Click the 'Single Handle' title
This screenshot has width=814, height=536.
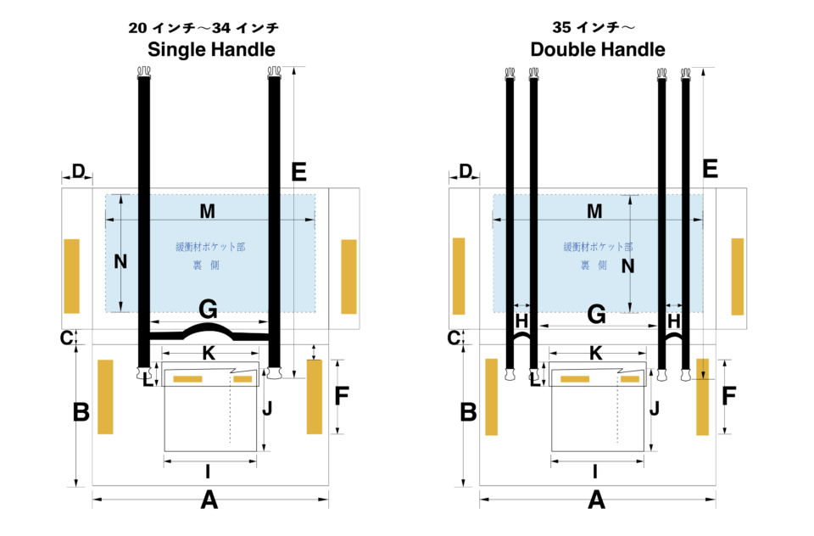(x=211, y=49)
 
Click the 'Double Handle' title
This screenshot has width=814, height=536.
(x=598, y=49)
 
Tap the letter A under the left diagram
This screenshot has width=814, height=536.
(x=209, y=501)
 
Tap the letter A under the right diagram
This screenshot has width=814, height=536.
(x=597, y=501)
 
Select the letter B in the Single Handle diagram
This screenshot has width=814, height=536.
(x=81, y=413)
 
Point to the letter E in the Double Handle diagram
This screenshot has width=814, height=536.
(x=711, y=169)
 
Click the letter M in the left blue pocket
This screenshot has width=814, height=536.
(x=208, y=210)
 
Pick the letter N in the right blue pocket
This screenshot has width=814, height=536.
(x=628, y=267)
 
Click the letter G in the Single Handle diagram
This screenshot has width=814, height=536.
(x=208, y=309)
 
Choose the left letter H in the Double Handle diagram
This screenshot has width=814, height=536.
(x=522, y=321)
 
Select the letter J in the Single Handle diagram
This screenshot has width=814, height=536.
(x=267, y=408)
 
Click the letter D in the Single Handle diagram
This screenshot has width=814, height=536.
(x=78, y=172)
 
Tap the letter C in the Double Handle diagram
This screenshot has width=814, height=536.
(x=454, y=337)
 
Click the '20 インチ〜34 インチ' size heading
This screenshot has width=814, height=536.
(x=203, y=28)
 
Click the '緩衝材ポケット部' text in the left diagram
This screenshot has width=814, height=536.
(x=210, y=248)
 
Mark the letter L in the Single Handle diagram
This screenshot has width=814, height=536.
(x=148, y=381)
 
